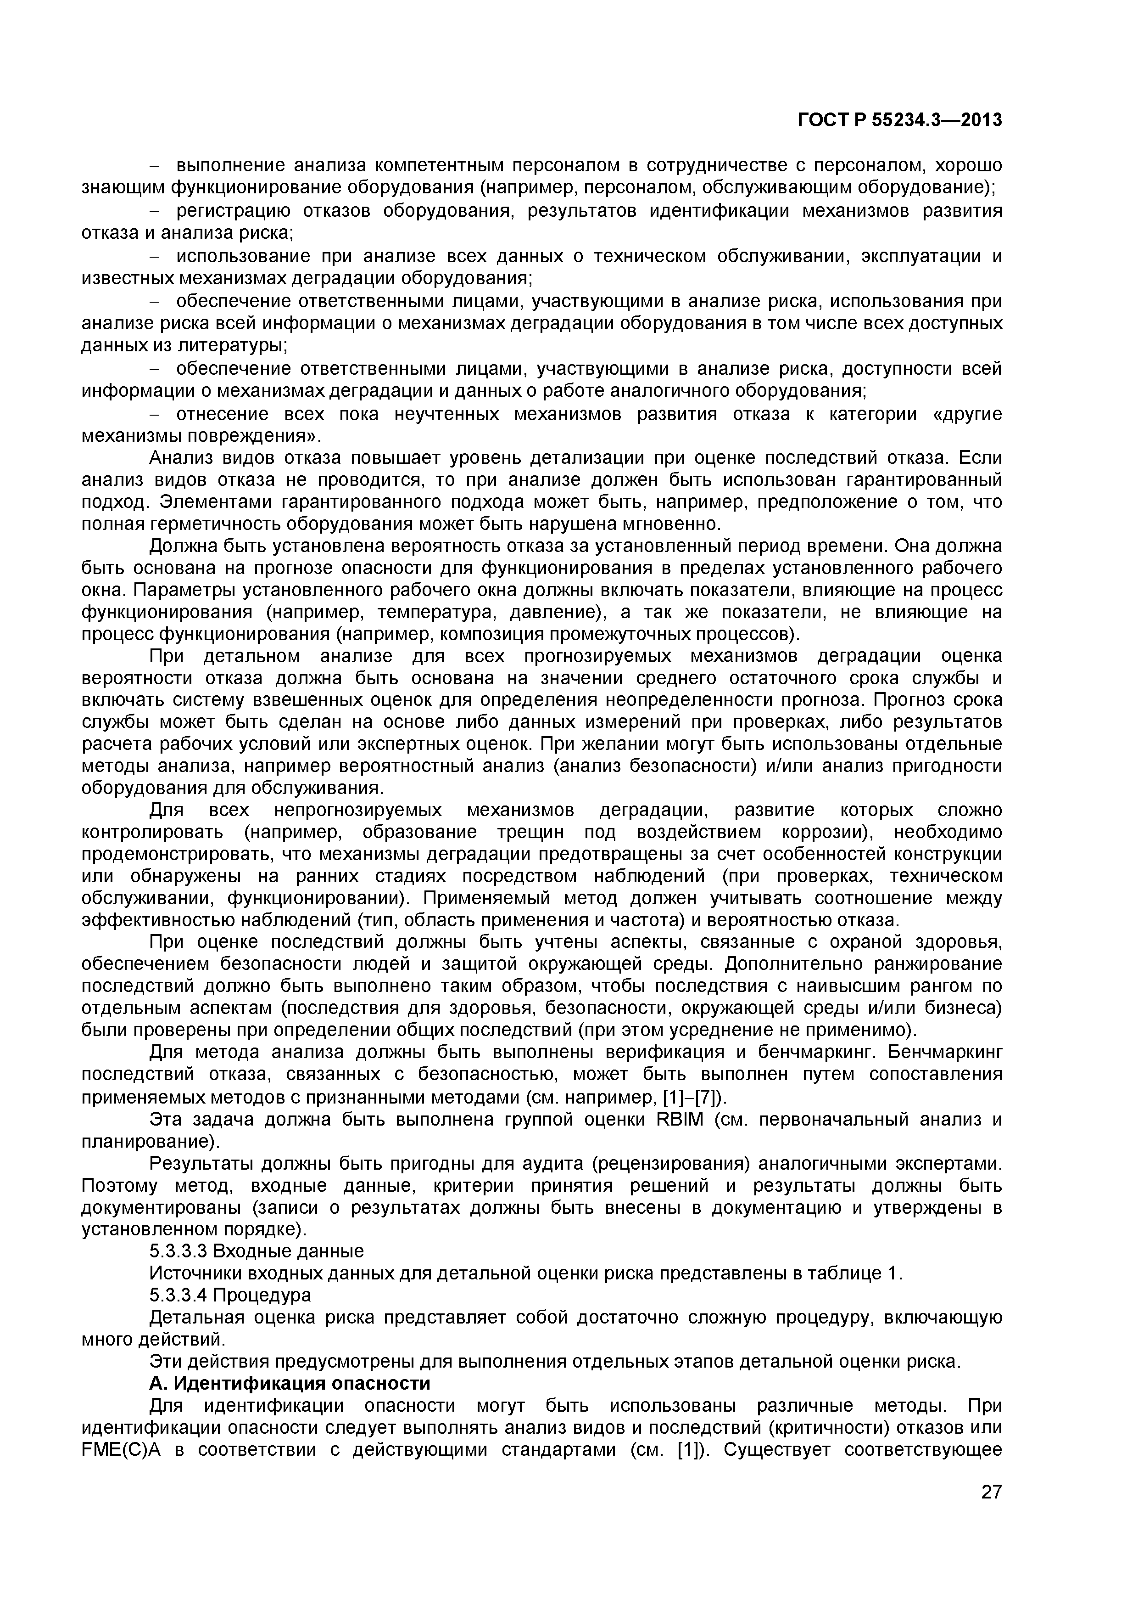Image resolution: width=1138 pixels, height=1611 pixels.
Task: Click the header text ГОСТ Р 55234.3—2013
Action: point(899,121)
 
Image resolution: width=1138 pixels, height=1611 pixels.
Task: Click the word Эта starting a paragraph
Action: point(167,1119)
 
